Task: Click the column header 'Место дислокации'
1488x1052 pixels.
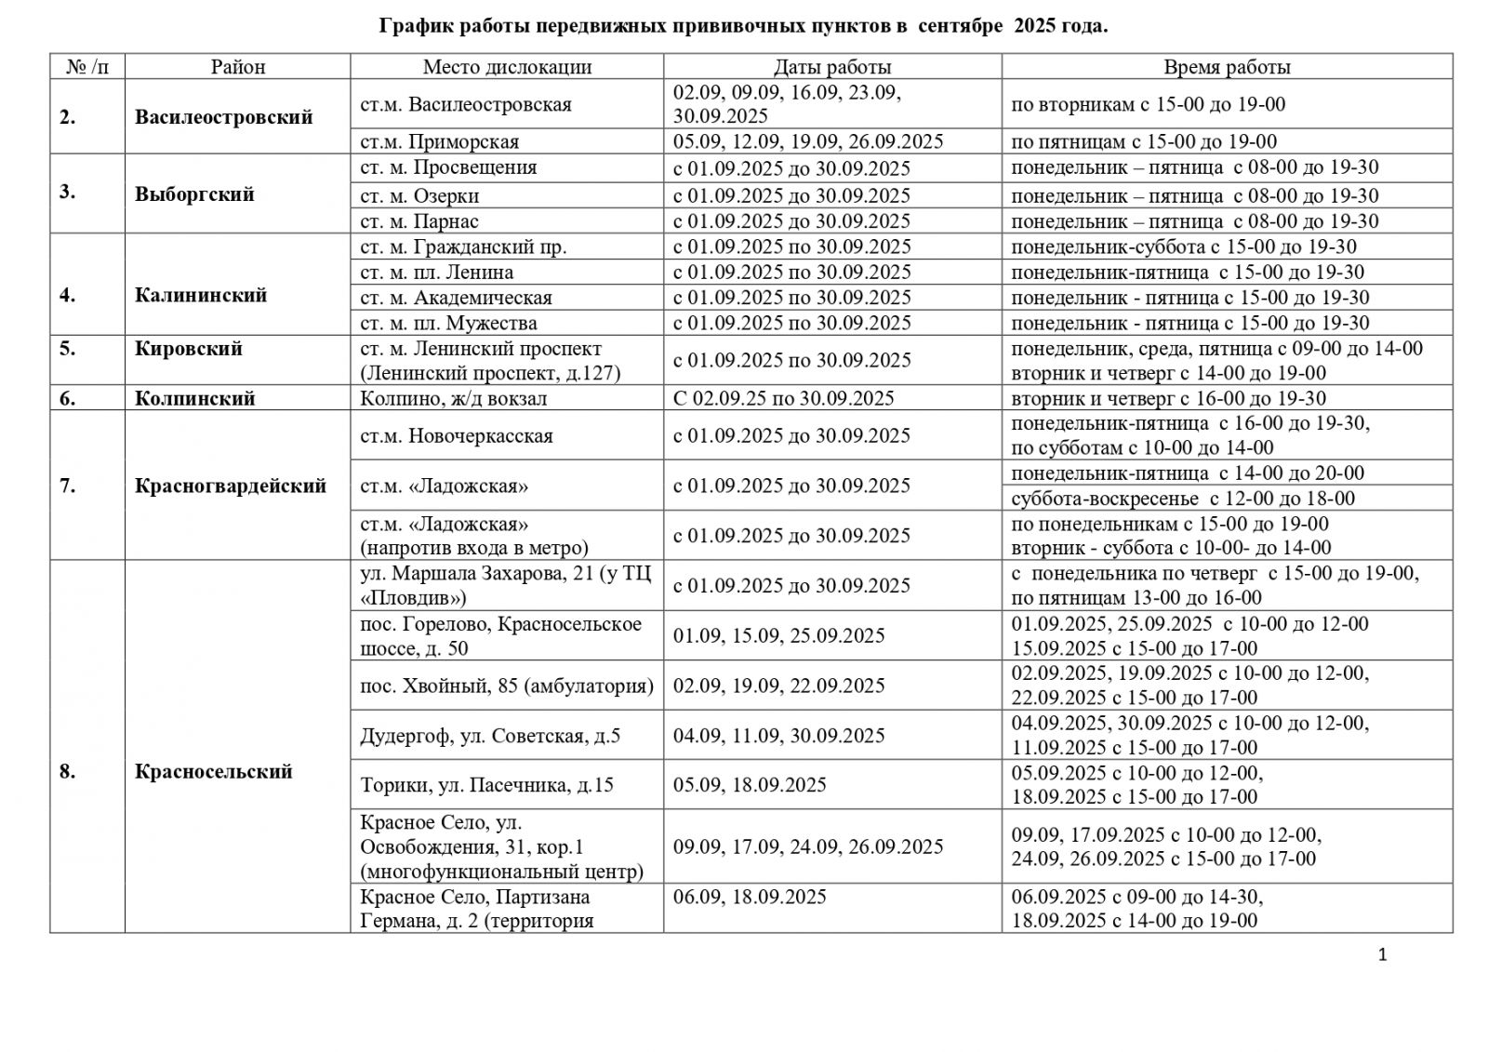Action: pyautogui.click(x=507, y=67)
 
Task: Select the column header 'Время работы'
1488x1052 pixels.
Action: pyautogui.click(x=1227, y=67)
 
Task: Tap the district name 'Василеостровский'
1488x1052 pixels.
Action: pyautogui.click(x=223, y=117)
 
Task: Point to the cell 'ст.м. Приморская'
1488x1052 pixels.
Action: pyautogui.click(x=440, y=141)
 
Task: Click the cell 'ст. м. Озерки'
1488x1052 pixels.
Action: pyautogui.click(x=419, y=195)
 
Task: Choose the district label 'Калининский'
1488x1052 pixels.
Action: pyautogui.click(x=201, y=295)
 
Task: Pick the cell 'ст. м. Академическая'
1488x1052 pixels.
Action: pyautogui.click(x=456, y=298)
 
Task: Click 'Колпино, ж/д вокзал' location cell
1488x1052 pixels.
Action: pyautogui.click(x=454, y=398)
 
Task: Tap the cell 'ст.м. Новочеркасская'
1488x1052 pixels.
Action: pyautogui.click(x=457, y=435)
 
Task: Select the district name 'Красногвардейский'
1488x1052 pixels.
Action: pyautogui.click(x=231, y=486)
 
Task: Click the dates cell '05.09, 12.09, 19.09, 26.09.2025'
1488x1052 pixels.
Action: pyautogui.click(x=808, y=141)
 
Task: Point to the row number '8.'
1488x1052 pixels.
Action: pyautogui.click(x=68, y=771)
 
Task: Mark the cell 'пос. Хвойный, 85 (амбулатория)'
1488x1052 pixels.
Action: pyautogui.click(x=507, y=686)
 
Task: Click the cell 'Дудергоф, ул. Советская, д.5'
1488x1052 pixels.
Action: pyautogui.click(x=490, y=736)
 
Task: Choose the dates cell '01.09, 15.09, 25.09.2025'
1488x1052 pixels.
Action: pyautogui.click(x=778, y=635)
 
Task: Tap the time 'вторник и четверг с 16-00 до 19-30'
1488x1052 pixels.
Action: pyautogui.click(x=1168, y=398)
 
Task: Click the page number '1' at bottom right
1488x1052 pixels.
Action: pyautogui.click(x=1382, y=953)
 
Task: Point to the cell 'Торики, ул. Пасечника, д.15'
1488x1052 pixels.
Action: pyautogui.click(x=487, y=785)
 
